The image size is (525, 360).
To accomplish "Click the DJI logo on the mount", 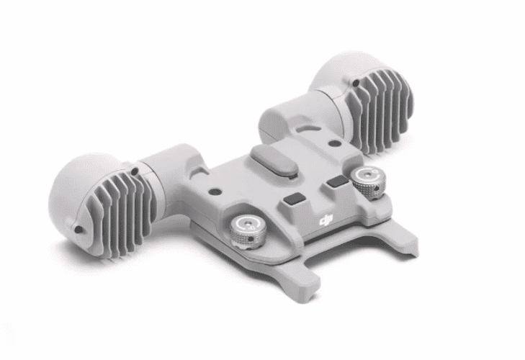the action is click(x=326, y=220).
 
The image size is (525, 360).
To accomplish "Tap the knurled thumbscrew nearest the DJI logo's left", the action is click(x=248, y=231).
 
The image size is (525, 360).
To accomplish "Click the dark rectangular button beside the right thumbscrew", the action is click(x=338, y=182).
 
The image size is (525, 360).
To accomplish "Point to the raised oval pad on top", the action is click(x=274, y=159).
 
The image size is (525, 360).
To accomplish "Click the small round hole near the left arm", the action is click(x=213, y=192).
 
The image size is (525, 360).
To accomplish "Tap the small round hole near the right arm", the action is click(x=333, y=144).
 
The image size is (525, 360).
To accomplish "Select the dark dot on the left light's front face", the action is click(x=78, y=230).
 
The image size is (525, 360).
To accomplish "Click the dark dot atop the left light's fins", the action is click(x=134, y=172).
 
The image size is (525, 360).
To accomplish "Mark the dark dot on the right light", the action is click(x=356, y=82).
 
